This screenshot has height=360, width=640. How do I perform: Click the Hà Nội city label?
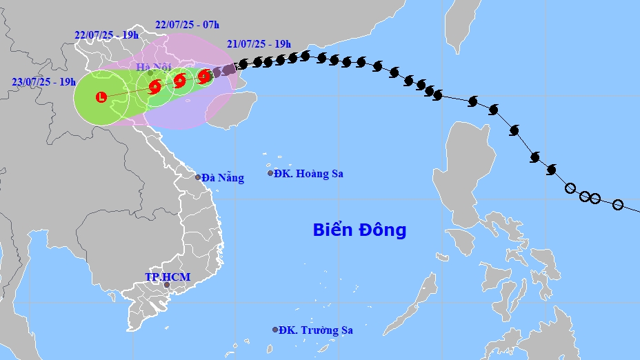point(153,67)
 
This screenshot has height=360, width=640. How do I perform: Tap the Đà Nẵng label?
point(223,178)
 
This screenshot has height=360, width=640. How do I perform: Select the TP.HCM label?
point(168,277)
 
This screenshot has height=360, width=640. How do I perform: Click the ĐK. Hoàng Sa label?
point(308,174)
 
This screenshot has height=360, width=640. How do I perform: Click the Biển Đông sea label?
point(359,230)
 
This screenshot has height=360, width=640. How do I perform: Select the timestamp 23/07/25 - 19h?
point(43,81)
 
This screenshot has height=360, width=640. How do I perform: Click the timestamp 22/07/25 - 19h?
point(106,35)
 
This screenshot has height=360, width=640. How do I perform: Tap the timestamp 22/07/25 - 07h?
point(187,24)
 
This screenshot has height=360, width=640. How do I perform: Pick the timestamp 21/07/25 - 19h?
point(259,43)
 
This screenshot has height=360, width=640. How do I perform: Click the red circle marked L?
point(102,97)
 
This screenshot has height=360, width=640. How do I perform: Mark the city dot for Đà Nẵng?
point(198,177)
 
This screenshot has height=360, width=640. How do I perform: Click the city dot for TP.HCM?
point(166,284)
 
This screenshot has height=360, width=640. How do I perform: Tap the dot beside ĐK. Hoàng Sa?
point(271,173)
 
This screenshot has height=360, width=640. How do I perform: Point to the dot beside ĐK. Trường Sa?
point(275,330)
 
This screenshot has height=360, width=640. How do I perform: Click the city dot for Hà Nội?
point(150,72)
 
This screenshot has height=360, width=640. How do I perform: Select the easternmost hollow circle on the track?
point(618,205)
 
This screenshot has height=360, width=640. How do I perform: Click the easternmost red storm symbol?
point(204,76)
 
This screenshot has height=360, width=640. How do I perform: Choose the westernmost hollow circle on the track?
point(570,188)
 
